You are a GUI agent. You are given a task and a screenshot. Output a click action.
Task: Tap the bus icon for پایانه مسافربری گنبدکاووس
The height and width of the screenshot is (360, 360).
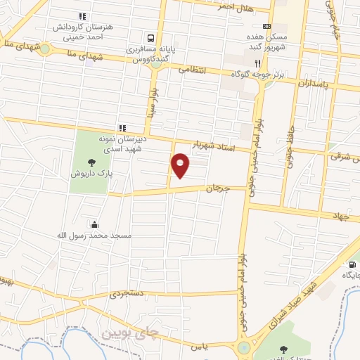coord(150,39)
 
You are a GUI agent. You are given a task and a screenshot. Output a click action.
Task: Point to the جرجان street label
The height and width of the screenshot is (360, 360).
coord(218,188)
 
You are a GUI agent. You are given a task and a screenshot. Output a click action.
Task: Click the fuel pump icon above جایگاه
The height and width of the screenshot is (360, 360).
coord(350,264)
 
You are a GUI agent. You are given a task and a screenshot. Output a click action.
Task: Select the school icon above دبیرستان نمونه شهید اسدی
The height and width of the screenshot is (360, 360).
coord(123,127)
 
